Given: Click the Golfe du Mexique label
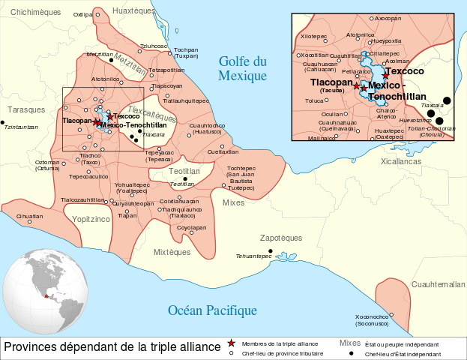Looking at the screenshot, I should click(242, 69).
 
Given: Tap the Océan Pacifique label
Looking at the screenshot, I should click(212, 310).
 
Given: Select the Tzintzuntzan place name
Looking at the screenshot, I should click(21, 127).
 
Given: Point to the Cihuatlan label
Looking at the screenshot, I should click(29, 215).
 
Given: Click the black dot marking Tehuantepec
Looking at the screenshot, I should click(271, 251).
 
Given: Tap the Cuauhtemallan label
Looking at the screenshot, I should click(439, 284).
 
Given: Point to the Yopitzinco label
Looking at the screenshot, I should click(91, 218).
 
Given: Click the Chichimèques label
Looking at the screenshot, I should click(36, 12).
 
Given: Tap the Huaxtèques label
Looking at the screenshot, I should click(133, 10).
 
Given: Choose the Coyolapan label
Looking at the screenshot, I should click(191, 226).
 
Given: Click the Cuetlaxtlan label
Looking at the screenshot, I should click(223, 151).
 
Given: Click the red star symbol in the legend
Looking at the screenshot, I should click(232, 343).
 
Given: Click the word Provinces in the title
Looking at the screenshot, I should click(31, 347).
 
